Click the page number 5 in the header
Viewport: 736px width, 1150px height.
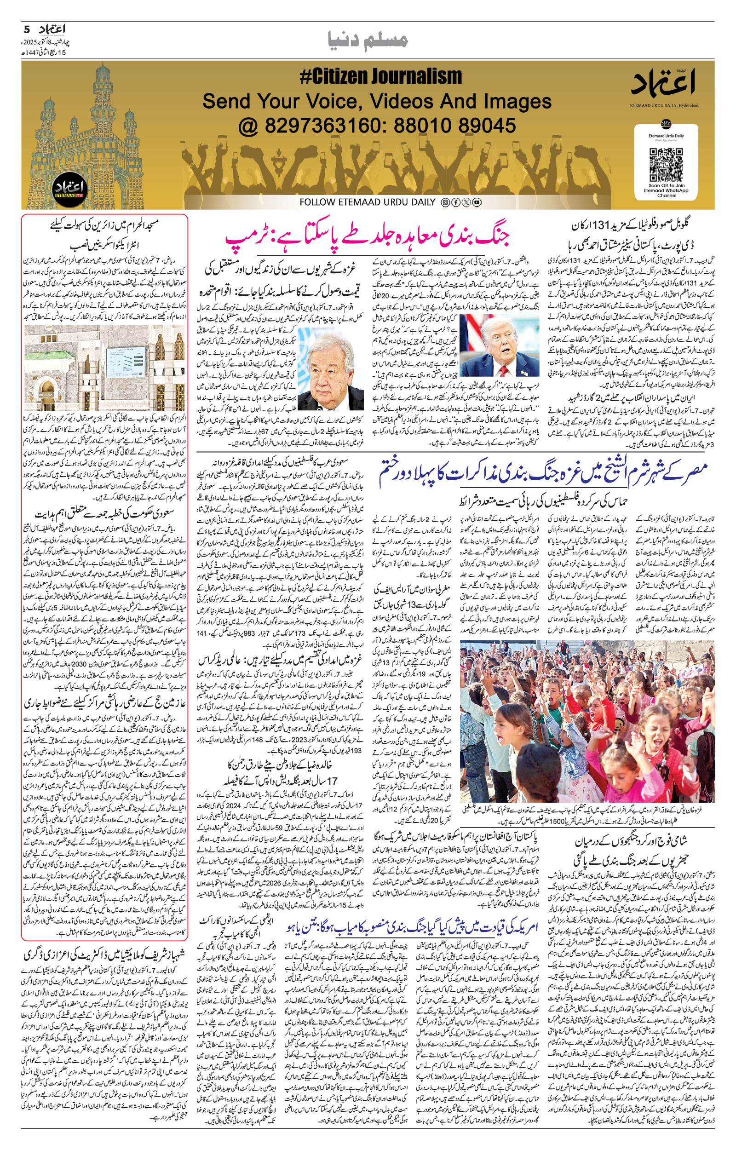27,29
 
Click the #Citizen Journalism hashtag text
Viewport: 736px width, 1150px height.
380,76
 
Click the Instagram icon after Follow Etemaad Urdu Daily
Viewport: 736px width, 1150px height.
445,202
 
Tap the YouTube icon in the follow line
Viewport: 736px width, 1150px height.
477,202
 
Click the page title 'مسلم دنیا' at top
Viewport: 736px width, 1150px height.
368,40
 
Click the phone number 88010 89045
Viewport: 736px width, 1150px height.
454,126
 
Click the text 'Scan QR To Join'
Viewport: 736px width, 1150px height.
666,186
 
